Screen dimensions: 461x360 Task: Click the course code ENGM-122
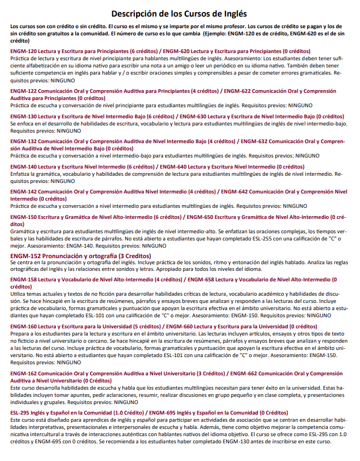pyautogui.click(x=22, y=91)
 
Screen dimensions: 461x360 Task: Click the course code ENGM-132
pyautogui.click(x=22, y=142)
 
